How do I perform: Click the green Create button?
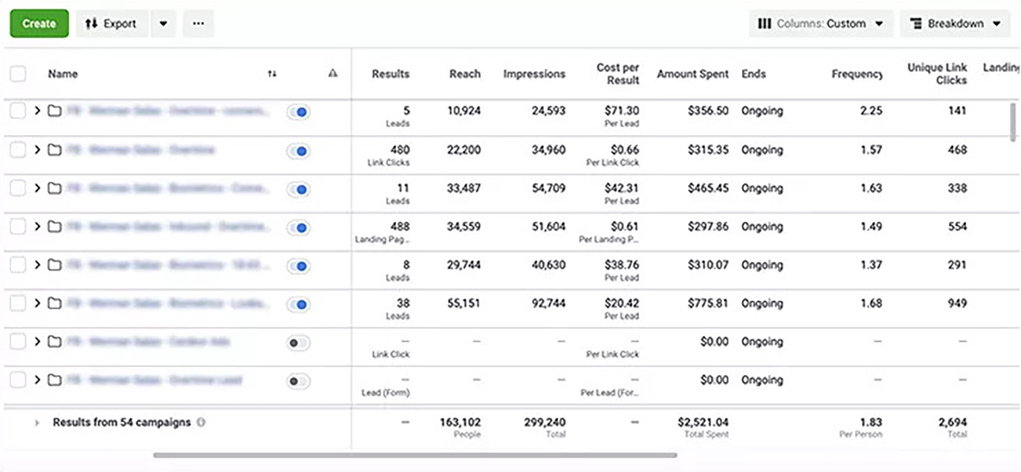click(x=39, y=23)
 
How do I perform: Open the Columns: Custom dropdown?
click(x=821, y=23)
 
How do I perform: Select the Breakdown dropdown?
click(x=954, y=23)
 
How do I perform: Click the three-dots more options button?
click(x=198, y=23)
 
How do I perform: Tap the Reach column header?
click(x=465, y=74)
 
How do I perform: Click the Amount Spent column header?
click(x=692, y=74)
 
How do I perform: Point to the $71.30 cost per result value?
click(x=621, y=110)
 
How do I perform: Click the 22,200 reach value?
click(x=464, y=150)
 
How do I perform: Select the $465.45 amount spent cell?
click(x=708, y=188)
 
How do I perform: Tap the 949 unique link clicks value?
click(x=957, y=303)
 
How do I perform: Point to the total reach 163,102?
click(x=460, y=422)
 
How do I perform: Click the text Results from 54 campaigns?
click(x=121, y=422)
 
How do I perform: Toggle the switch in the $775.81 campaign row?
click(x=298, y=304)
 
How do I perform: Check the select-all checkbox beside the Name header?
click(x=18, y=74)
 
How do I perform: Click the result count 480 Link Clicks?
click(x=400, y=150)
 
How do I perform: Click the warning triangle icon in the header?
click(x=333, y=74)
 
